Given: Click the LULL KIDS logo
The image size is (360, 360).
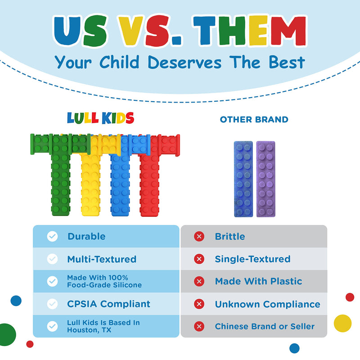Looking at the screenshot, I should point(100,118).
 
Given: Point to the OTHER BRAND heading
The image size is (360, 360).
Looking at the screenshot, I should point(254,120).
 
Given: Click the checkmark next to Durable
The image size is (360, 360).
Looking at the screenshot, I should point(53,237).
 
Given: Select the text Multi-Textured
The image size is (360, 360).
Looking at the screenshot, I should point(102,259).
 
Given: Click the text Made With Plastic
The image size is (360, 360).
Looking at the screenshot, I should point(258,282).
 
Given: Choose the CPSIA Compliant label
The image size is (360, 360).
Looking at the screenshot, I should point(108,304).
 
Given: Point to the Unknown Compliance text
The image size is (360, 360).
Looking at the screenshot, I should point(267,304).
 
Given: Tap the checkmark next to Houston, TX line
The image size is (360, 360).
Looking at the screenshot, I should point(53,326).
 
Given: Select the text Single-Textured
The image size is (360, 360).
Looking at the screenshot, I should point(252,259).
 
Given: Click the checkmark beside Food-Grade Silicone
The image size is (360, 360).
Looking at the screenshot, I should point(53,282).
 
